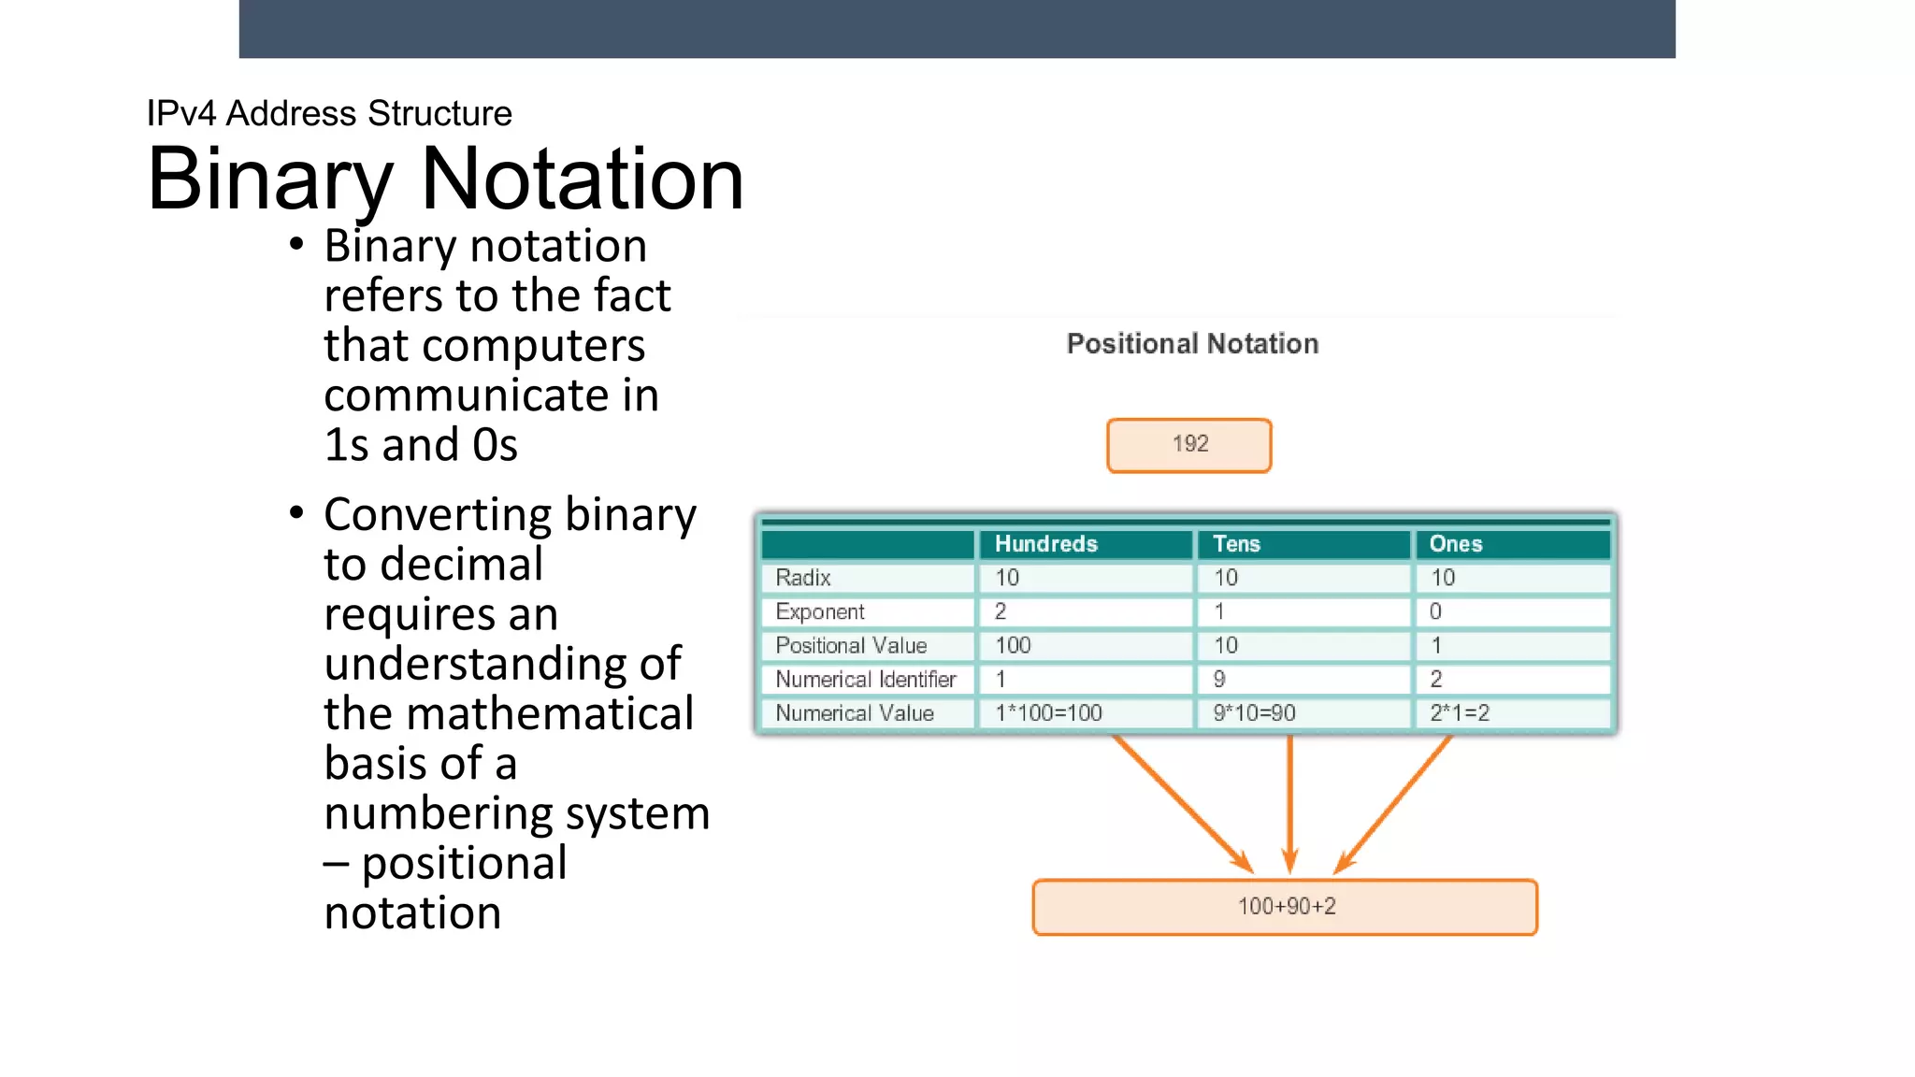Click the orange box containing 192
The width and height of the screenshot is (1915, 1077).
(x=1188, y=445)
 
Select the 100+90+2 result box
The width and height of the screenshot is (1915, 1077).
(x=1285, y=907)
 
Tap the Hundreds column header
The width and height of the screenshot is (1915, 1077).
(x=1045, y=544)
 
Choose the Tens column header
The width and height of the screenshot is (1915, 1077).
(x=1236, y=544)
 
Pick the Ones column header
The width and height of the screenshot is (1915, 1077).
(x=1455, y=544)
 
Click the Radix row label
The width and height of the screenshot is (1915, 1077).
(x=803, y=578)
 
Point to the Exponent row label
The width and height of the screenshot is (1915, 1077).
(x=820, y=611)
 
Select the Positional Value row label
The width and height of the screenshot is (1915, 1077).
(x=851, y=645)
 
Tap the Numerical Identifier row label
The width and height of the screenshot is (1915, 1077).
(x=866, y=680)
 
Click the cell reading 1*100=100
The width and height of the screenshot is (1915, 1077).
(x=1048, y=713)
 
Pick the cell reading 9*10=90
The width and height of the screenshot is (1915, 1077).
(x=1254, y=713)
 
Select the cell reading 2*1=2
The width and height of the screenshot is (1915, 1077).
(x=1459, y=713)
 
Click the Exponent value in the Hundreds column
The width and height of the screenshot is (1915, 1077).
(x=1001, y=611)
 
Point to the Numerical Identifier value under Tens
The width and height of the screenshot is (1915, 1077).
(x=1219, y=680)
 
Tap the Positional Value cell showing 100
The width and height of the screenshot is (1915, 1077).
(x=1013, y=645)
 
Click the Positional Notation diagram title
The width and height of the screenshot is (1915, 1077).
(x=1192, y=344)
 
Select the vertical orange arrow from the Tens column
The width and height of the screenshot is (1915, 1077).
(x=1290, y=804)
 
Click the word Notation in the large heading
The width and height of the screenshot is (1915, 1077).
(x=582, y=179)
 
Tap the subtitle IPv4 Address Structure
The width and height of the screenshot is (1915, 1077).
(x=329, y=114)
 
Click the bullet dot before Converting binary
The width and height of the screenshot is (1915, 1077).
(x=296, y=513)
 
